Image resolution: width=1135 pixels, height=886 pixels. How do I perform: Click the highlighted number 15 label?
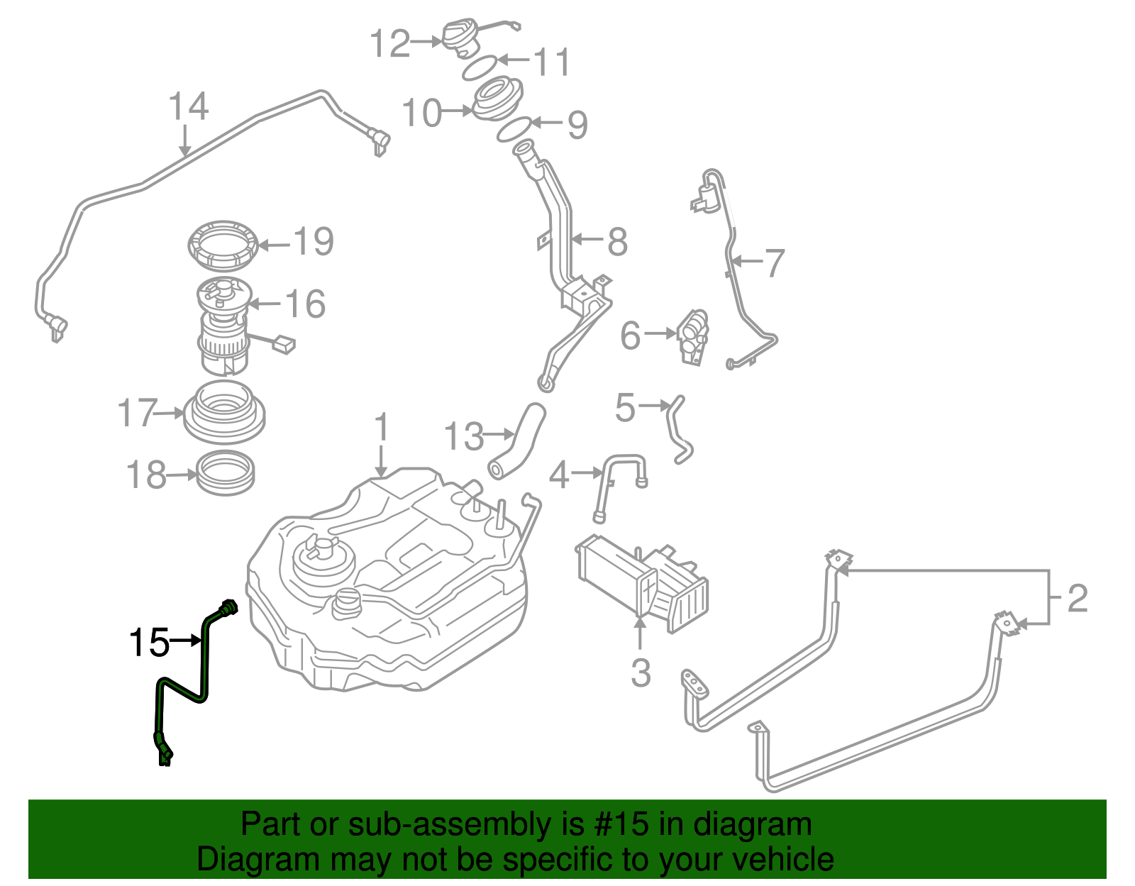point(148,642)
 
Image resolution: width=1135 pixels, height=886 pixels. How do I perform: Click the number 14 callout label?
point(188,106)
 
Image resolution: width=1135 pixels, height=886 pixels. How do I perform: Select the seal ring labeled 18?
point(225,473)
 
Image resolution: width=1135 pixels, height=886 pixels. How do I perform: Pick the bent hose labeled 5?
point(677,430)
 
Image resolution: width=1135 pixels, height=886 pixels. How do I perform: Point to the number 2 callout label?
point(1077,598)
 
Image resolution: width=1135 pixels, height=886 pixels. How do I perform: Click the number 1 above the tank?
point(382,428)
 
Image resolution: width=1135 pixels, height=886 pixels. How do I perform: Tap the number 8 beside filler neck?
point(617,242)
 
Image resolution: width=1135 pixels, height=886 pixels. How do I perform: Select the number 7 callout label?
point(773,262)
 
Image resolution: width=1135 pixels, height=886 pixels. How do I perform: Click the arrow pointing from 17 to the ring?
point(170,412)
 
